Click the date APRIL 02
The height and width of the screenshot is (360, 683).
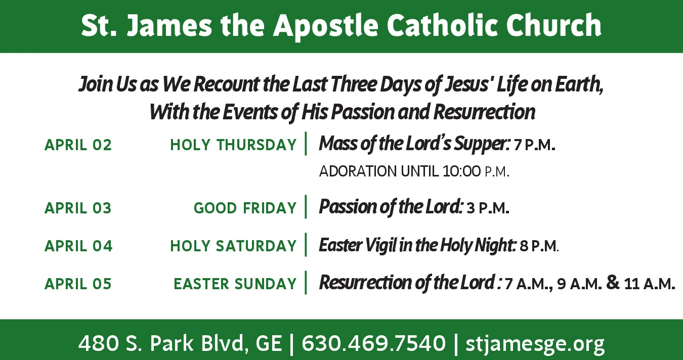(x=78, y=145)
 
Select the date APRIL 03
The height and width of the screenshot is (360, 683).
(x=78, y=208)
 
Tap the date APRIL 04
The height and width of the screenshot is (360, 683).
(x=78, y=246)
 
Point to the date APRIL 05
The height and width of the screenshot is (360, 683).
(x=78, y=284)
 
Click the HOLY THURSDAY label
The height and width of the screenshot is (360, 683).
(x=233, y=145)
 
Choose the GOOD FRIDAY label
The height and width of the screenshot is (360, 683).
(x=245, y=208)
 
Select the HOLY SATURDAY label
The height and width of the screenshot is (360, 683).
(x=233, y=246)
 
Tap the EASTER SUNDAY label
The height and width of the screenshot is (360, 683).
(x=235, y=284)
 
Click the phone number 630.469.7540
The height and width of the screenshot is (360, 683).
(x=374, y=343)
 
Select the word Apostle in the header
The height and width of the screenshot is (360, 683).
(x=325, y=26)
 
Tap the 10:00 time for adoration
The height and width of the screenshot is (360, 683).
(x=461, y=171)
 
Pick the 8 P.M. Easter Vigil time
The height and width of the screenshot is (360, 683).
(x=539, y=246)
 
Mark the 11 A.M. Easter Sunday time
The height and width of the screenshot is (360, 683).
(x=650, y=284)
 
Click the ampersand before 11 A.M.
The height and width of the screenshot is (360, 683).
(x=613, y=283)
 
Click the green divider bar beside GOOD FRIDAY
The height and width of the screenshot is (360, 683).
(x=306, y=207)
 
